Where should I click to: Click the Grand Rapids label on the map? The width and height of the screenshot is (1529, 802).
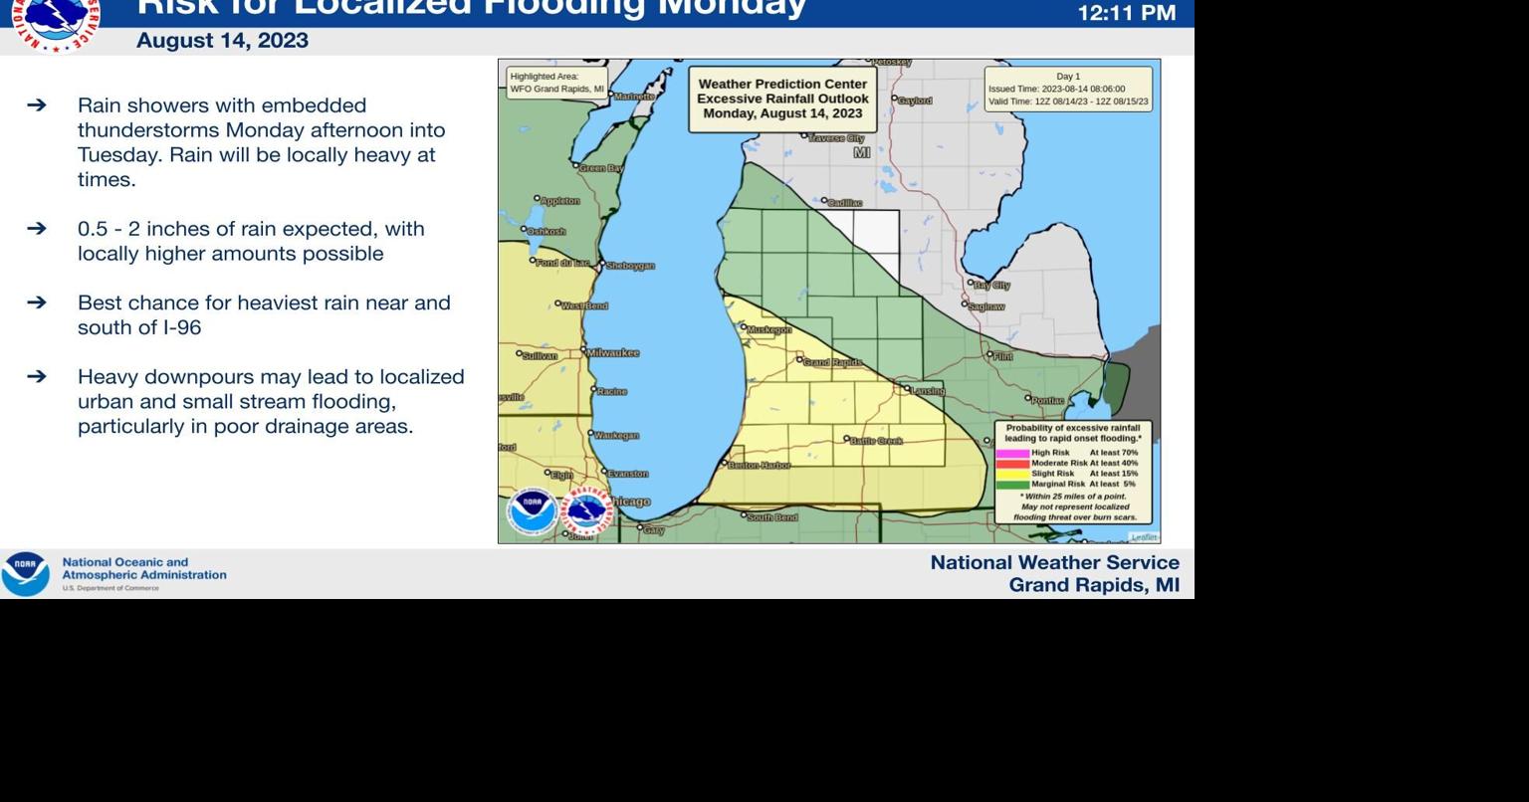pos(832,362)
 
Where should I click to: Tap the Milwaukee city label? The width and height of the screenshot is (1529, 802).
pos(613,353)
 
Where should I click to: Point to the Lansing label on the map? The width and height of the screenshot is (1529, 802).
pos(928,391)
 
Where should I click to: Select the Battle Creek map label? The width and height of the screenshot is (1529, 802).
pos(876,440)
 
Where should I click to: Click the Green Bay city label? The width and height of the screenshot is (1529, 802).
pos(601,168)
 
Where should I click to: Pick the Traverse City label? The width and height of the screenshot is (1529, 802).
pos(836,138)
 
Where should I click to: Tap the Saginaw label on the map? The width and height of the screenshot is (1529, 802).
pos(985,306)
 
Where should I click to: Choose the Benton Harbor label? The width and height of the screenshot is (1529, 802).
pos(760,466)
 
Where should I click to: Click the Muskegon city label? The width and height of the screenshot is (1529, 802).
pos(768,329)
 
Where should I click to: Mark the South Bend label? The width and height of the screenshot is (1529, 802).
pos(771,517)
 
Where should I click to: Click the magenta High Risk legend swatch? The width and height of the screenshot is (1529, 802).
pos(1012,453)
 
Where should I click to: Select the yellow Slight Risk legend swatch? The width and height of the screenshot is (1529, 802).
pos(1012,474)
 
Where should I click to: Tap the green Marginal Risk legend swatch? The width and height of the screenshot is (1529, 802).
pos(1012,485)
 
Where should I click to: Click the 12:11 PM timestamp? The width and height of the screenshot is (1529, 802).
pos(1127,13)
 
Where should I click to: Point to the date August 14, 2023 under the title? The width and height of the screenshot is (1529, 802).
pos(222,41)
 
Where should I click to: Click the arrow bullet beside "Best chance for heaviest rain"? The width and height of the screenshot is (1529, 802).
pos(37,302)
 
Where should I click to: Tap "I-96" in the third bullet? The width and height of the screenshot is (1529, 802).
pos(182,327)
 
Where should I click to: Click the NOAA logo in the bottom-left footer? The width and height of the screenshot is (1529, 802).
pos(25,574)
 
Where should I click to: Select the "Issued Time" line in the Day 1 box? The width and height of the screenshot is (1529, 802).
pos(1056,89)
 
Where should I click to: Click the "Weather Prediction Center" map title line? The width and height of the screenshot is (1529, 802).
pos(782,85)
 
